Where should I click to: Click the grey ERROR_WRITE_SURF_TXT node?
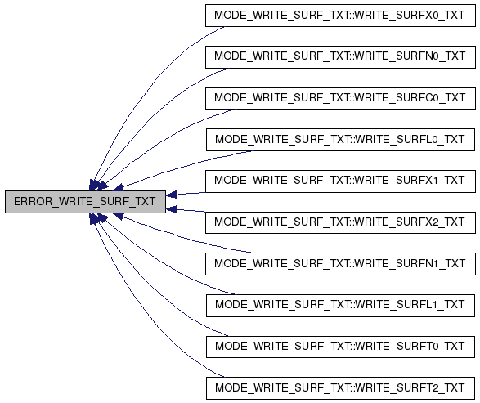pyautogui.click(x=85, y=202)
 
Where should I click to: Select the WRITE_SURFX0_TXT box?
pyautogui.click(x=340, y=16)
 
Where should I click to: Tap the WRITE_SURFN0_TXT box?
pyautogui.click(x=340, y=57)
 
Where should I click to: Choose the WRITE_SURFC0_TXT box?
pyautogui.click(x=340, y=98)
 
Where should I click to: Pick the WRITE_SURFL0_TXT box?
pyautogui.click(x=340, y=140)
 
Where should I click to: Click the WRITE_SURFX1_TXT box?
pyautogui.click(x=340, y=181)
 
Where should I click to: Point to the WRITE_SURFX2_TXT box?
pyautogui.click(x=340, y=222)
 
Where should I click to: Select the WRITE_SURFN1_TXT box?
pyautogui.click(x=340, y=264)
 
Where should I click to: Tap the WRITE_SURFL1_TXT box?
pyautogui.click(x=340, y=306)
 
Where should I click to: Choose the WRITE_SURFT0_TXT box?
pyautogui.click(x=340, y=347)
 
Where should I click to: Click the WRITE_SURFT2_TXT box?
pyautogui.click(x=340, y=388)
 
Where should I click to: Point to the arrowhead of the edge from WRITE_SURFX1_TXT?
pyautogui.click(x=172, y=195)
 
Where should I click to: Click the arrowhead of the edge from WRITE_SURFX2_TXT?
pyautogui.click(x=172, y=209)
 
